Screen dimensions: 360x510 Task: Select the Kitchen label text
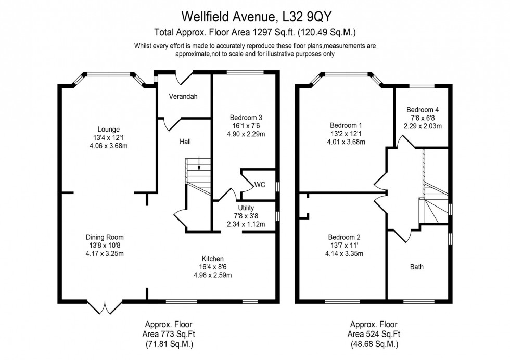coord(213,259)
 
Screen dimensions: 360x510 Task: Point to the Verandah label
coord(183,97)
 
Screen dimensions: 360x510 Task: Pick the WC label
coord(260,184)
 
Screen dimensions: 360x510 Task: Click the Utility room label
coord(246,208)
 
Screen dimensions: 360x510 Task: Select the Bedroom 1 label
coord(346,125)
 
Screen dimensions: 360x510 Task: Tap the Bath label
coord(417,267)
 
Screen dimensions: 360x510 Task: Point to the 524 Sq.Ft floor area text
coord(375,333)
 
